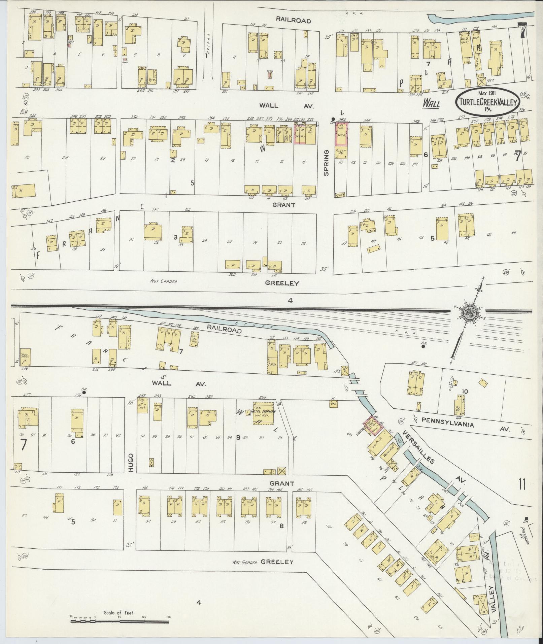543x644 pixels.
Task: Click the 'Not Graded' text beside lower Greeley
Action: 245,563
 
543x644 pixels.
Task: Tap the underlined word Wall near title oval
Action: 431,104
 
